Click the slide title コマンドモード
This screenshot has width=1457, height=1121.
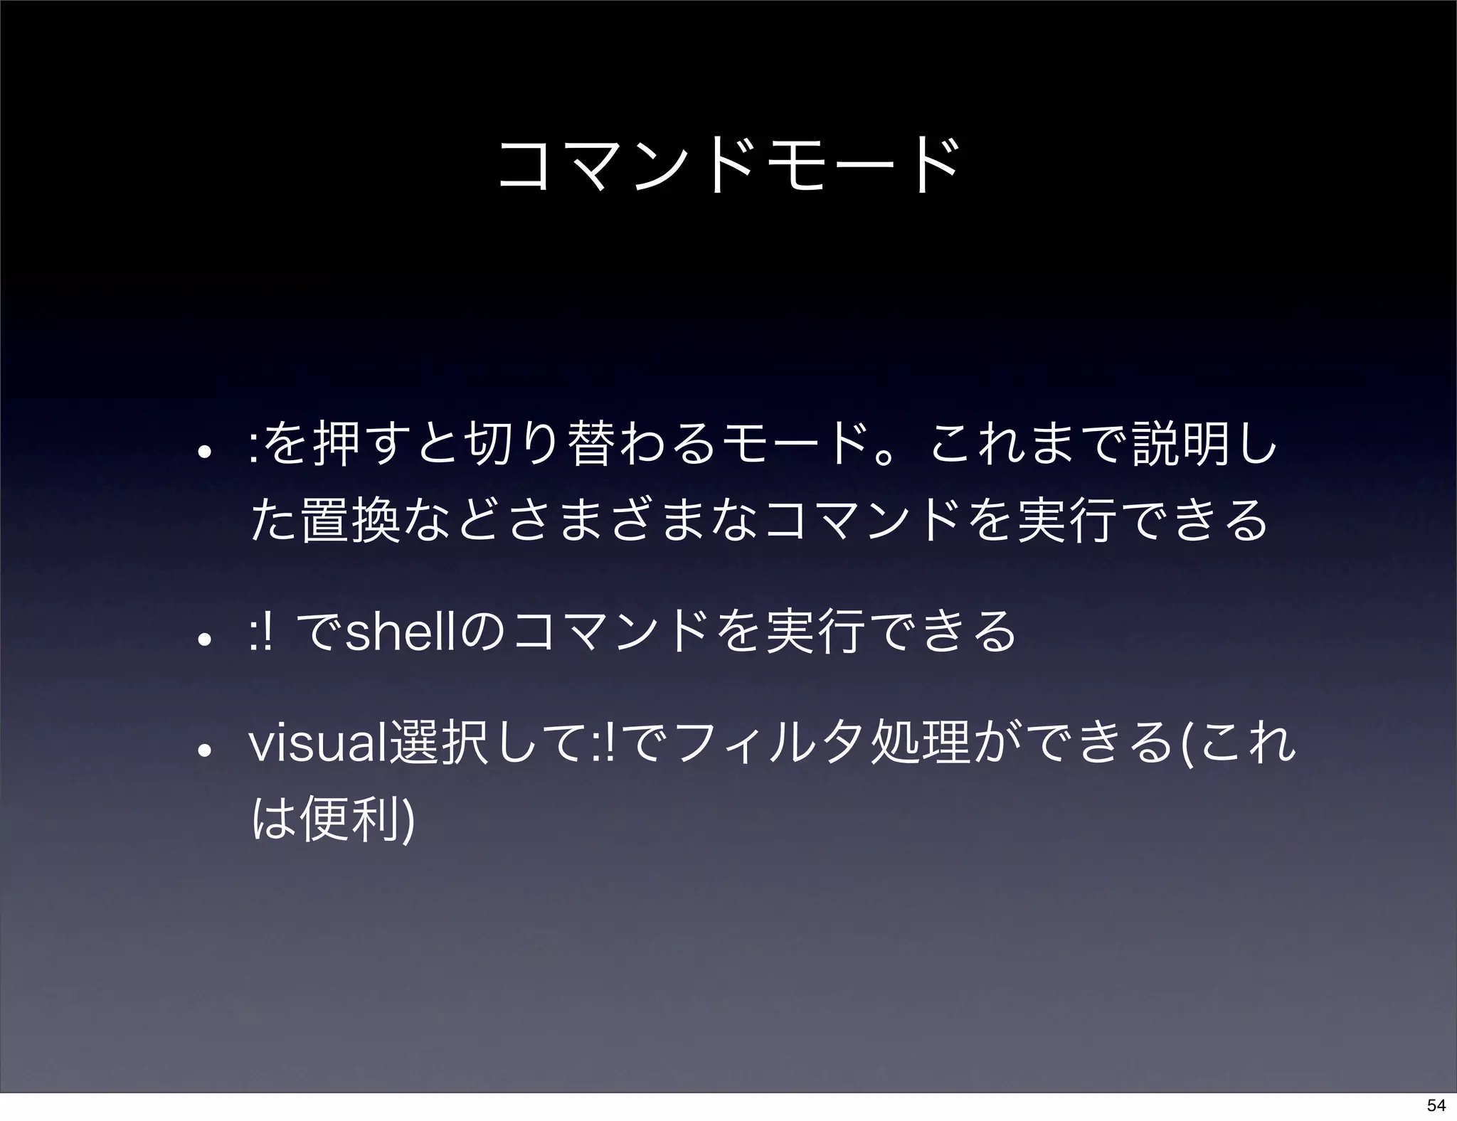[728, 167]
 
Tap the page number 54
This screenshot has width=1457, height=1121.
[1436, 1105]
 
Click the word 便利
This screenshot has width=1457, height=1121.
[349, 819]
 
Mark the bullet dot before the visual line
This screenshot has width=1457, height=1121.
[203, 750]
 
